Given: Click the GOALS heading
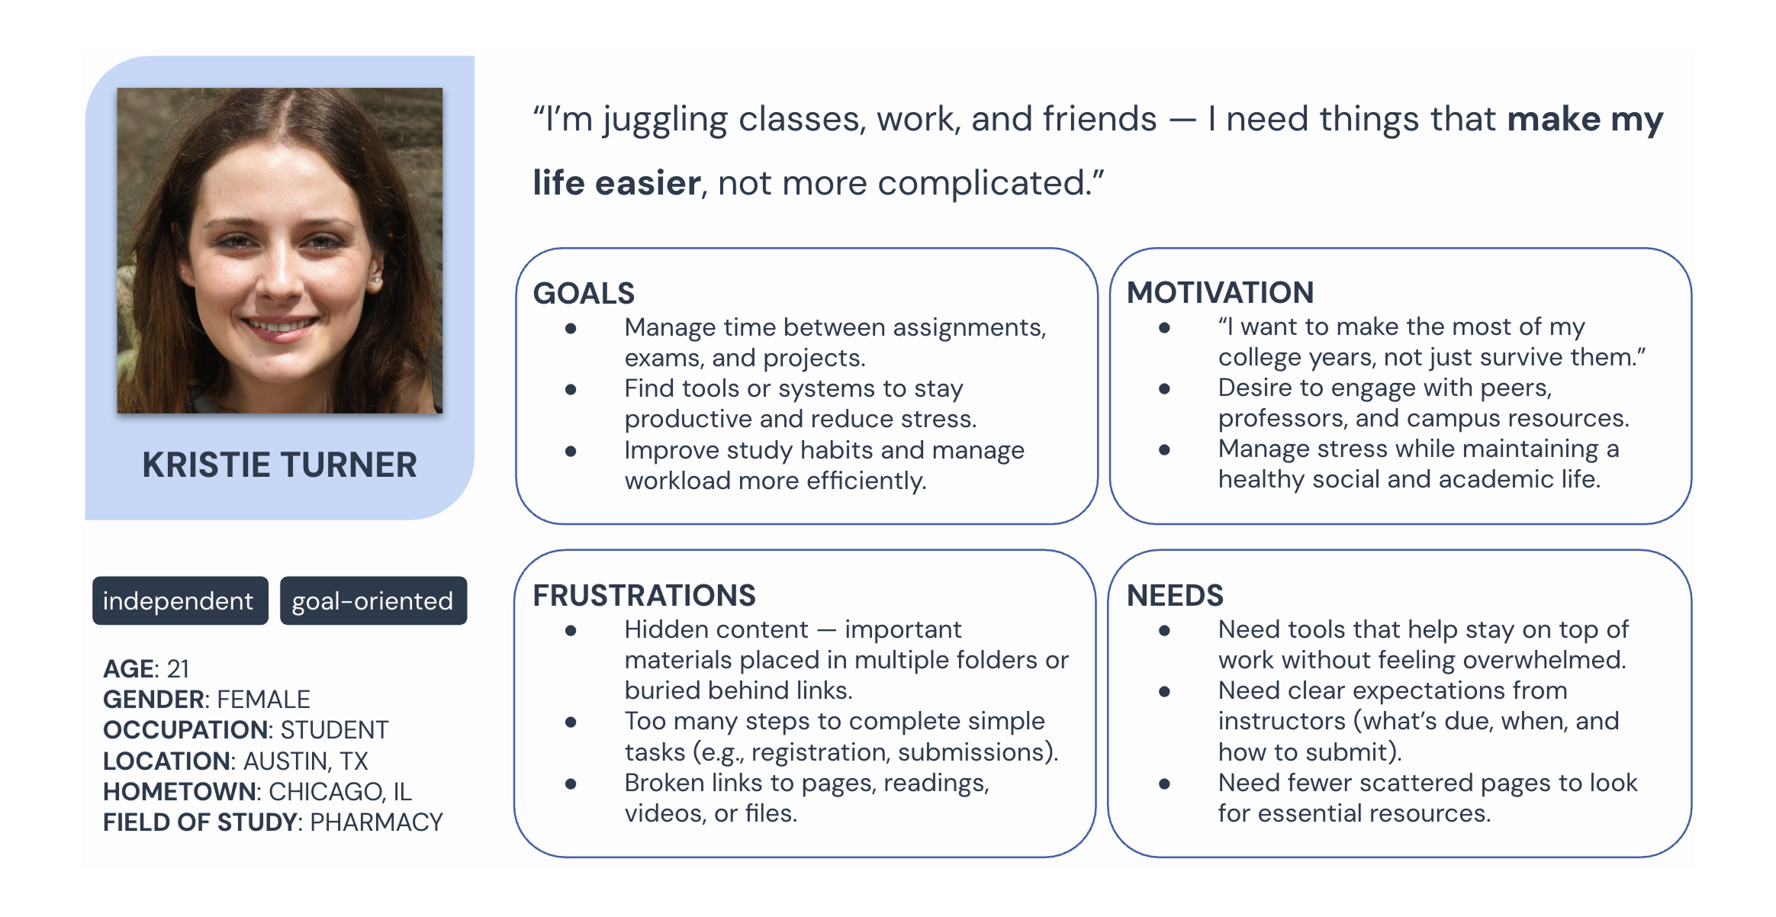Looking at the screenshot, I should click(x=584, y=294).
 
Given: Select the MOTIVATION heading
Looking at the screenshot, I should click(x=1220, y=293).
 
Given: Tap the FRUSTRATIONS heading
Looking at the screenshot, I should click(x=644, y=596).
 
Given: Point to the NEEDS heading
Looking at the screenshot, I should click(x=1175, y=596).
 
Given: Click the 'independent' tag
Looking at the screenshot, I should click(x=179, y=601).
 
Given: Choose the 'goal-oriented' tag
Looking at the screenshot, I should click(x=373, y=601).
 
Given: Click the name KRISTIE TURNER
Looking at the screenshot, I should click(x=279, y=465).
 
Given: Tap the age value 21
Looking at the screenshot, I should click(x=178, y=669).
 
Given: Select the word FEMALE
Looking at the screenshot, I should click(x=263, y=700).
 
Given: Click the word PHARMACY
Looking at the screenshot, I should click(x=376, y=822).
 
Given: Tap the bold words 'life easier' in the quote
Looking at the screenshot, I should click(x=616, y=183).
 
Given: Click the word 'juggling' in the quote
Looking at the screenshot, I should click(x=665, y=121).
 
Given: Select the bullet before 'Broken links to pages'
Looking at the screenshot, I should click(x=571, y=783).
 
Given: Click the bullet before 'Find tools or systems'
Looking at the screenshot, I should click(x=571, y=390).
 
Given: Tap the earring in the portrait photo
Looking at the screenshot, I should click(x=376, y=283).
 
